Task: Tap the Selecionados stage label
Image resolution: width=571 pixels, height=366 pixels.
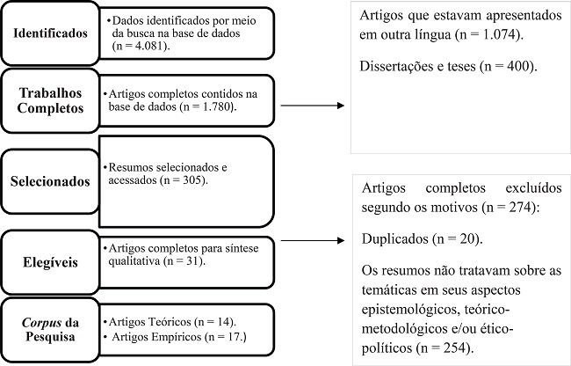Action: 50,181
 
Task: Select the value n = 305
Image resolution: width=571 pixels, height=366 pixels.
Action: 179,179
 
